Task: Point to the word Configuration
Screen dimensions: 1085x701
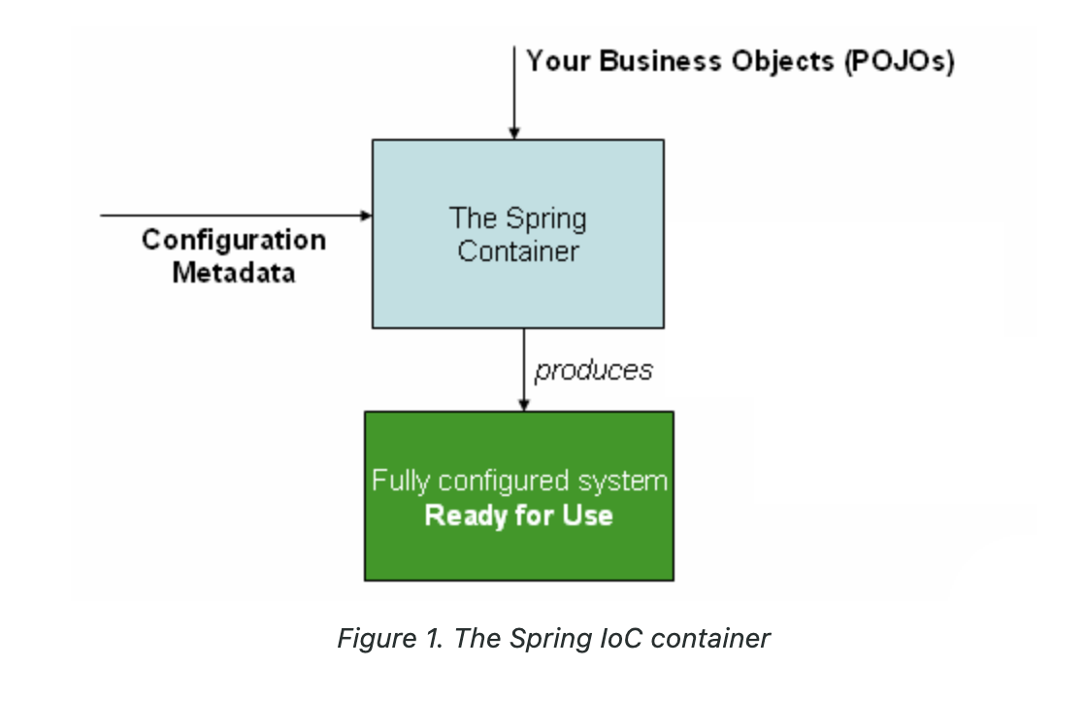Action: [234, 241]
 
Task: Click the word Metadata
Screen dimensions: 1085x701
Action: [234, 272]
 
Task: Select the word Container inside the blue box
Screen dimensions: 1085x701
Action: [518, 250]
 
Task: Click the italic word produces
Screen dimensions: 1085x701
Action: [594, 370]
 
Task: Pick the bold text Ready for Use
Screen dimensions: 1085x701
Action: [519, 516]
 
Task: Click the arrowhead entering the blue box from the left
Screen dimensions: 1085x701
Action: [367, 216]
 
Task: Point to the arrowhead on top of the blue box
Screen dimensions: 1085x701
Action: [514, 134]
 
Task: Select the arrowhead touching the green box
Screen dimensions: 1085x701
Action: [524, 406]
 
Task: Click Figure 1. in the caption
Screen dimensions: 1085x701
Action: [390, 638]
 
